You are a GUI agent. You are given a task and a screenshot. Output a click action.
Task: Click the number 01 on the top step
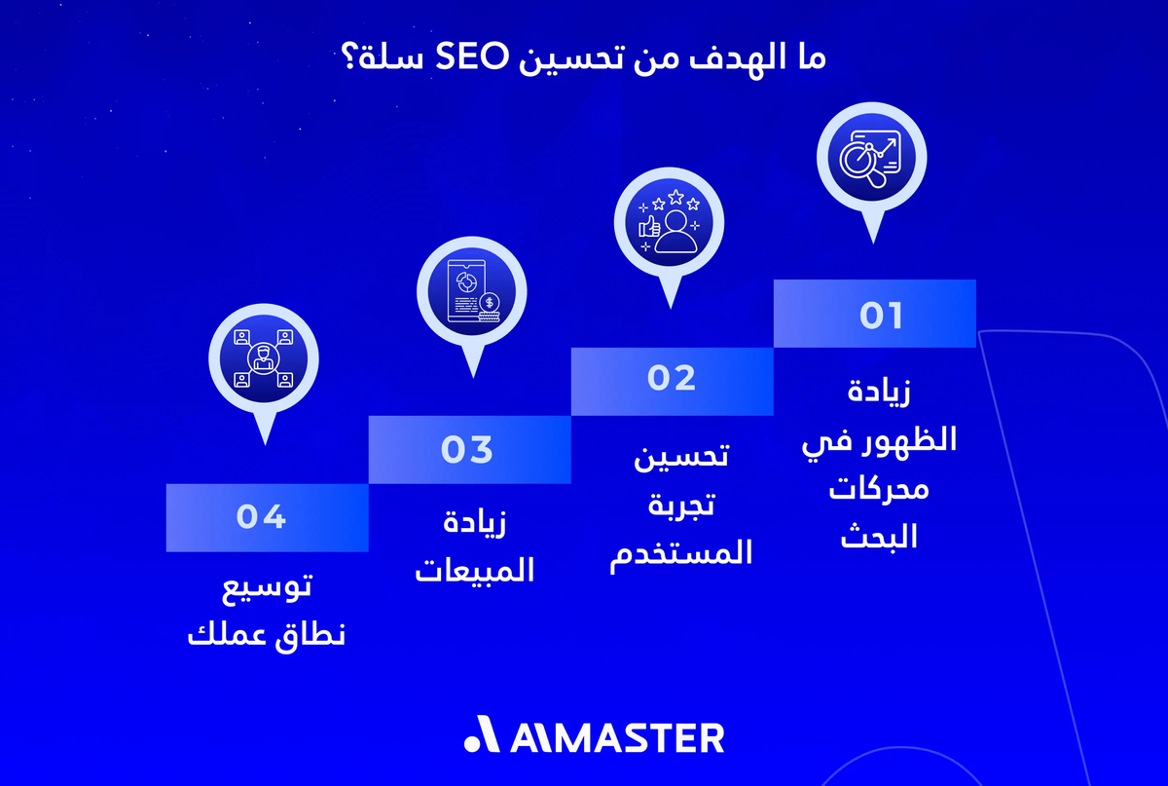click(x=881, y=316)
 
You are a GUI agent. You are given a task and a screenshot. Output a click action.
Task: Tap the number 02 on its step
click(x=672, y=378)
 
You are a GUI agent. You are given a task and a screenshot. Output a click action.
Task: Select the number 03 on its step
click(x=467, y=449)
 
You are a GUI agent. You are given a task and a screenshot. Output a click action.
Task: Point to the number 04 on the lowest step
click(x=261, y=516)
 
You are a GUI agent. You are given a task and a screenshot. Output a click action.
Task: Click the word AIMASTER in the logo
click(x=616, y=737)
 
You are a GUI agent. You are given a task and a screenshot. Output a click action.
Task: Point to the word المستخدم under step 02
click(x=681, y=553)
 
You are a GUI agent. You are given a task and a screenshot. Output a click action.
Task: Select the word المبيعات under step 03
click(x=475, y=569)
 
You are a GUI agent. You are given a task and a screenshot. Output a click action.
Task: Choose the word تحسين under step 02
click(x=681, y=455)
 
